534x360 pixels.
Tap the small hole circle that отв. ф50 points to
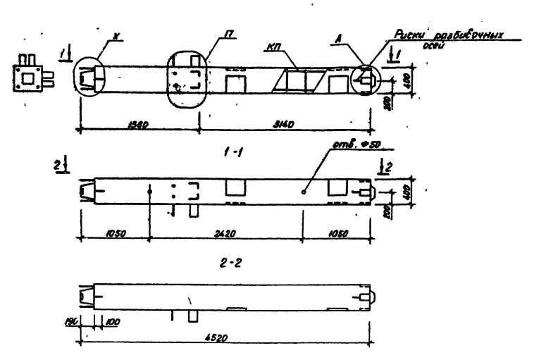click(x=303, y=191)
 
